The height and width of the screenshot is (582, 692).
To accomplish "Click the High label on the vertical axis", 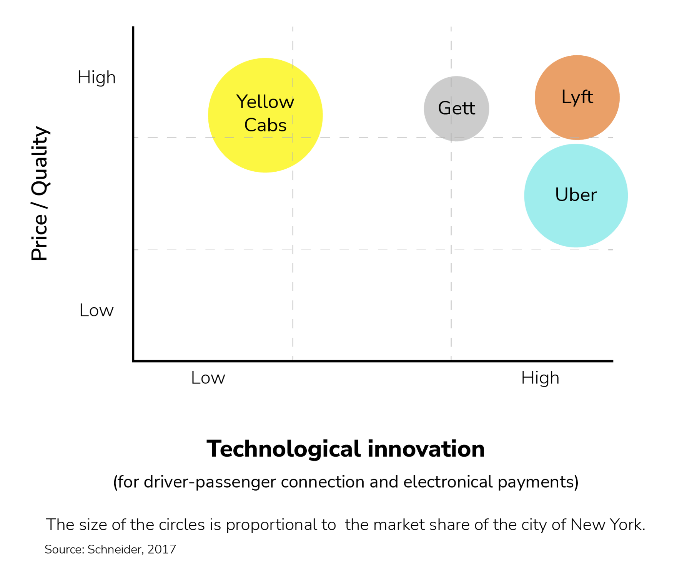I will click(96, 78).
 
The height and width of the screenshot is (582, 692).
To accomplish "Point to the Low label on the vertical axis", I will click(96, 310).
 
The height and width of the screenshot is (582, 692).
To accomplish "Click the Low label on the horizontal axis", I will click(208, 378).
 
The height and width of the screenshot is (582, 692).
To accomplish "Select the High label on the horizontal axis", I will click(540, 378).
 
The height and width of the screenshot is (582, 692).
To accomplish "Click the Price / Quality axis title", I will click(40, 194).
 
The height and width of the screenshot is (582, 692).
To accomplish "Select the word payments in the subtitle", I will click(537, 482).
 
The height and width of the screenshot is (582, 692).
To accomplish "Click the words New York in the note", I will click(608, 525).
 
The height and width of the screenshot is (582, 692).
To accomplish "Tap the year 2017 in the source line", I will click(162, 549).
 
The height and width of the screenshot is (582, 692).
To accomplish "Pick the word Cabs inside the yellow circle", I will click(265, 125).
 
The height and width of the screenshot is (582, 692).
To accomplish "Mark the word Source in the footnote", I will click(63, 549).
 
